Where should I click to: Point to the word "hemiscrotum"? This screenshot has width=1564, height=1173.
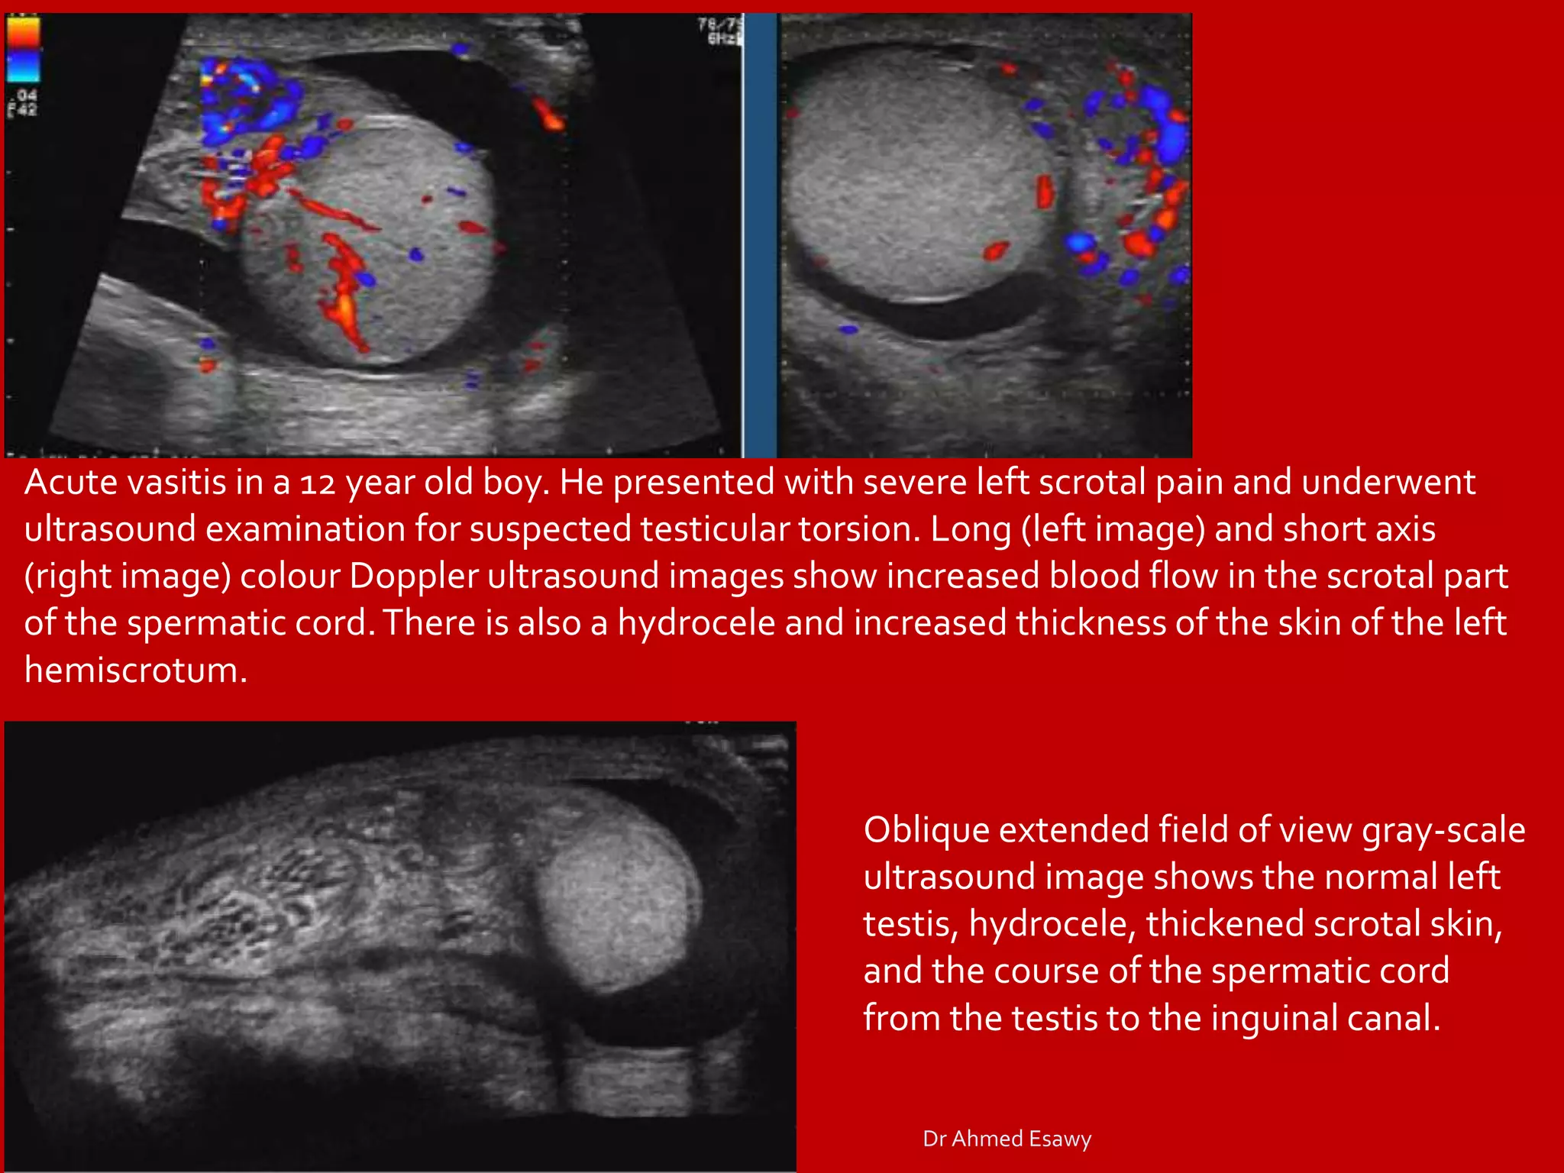click(x=136, y=670)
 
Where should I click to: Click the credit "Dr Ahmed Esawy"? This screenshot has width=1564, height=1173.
click(x=1007, y=1139)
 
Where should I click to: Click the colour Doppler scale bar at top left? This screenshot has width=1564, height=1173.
click(x=23, y=50)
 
